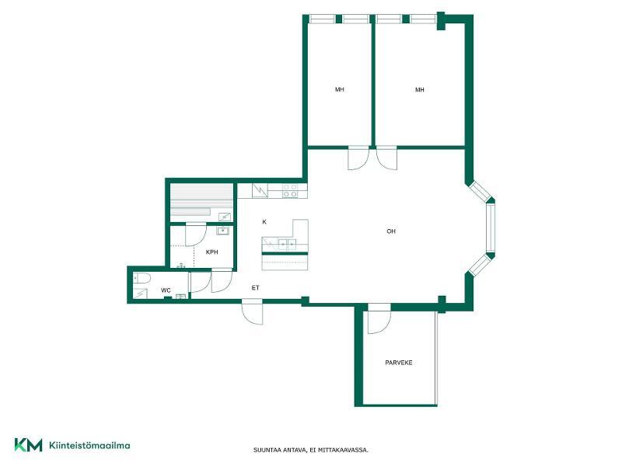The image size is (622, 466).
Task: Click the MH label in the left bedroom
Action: [339, 89]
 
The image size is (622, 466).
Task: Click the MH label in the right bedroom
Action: [419, 90]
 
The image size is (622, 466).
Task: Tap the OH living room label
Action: [391, 231]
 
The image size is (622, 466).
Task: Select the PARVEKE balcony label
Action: [399, 363]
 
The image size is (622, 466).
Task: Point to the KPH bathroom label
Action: [211, 252]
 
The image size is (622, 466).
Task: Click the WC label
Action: [166, 290]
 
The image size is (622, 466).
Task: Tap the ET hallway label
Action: [255, 288]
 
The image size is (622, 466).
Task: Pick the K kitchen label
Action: [264, 222]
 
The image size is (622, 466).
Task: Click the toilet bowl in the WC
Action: [142, 279]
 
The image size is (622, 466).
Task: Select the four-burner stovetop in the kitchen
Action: [290, 190]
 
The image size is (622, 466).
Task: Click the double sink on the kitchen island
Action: [287, 245]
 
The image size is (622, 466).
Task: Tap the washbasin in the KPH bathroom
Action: [222, 231]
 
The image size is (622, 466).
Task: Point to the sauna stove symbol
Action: [225, 217]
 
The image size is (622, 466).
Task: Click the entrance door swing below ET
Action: [252, 314]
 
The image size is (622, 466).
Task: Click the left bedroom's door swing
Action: [358, 159]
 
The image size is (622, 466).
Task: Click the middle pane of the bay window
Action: [491, 228]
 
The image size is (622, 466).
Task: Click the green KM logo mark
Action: [28, 444]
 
